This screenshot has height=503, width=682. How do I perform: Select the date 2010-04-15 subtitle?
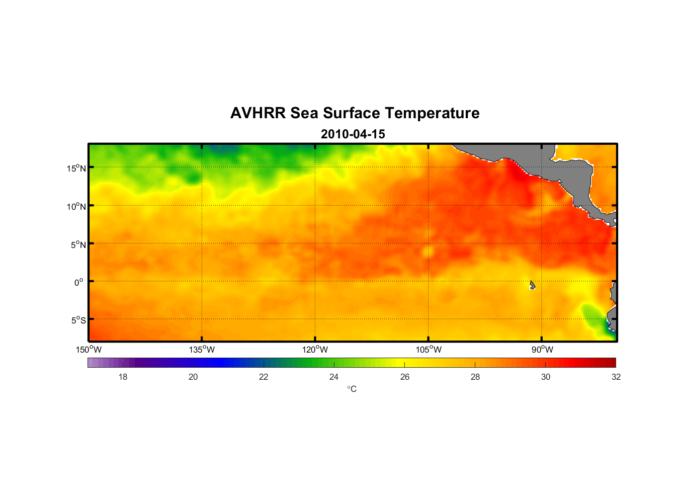(x=353, y=134)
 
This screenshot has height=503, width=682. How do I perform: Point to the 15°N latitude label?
(x=76, y=168)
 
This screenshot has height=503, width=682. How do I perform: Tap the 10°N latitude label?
(x=76, y=206)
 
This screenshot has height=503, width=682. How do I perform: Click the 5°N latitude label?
(x=78, y=244)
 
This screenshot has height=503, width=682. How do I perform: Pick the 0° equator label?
(x=79, y=282)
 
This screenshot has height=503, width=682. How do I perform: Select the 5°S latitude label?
(x=78, y=320)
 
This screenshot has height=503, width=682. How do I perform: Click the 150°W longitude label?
(x=89, y=350)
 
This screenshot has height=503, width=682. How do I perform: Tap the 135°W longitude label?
(x=202, y=350)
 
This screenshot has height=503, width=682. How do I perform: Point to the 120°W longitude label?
(x=315, y=350)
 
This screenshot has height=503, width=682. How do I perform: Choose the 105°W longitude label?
(x=429, y=350)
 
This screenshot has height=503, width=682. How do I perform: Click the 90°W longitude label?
(x=542, y=350)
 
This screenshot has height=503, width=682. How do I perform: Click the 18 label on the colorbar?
(x=123, y=377)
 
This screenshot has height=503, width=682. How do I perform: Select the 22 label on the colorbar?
(x=264, y=377)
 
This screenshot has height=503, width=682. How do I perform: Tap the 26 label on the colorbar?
(x=405, y=377)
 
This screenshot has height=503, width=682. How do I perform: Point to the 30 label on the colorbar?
(x=546, y=377)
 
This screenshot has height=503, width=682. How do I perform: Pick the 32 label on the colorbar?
(x=616, y=377)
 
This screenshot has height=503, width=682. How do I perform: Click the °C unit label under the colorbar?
(x=352, y=389)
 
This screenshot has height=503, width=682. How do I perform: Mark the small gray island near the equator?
(x=532, y=285)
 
